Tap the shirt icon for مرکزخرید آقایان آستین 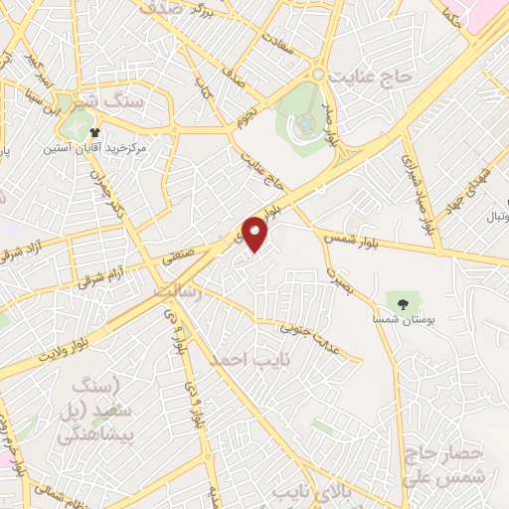95,132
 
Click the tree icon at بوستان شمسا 403,303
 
